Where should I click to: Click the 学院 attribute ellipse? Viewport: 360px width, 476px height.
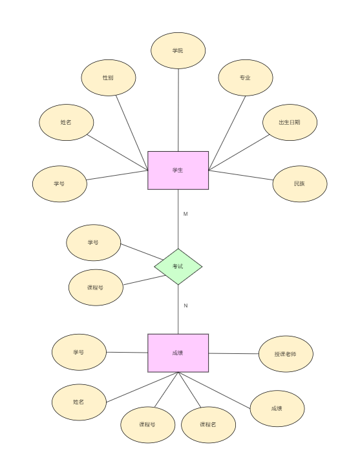click(178, 50)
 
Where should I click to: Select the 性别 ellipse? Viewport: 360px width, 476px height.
click(109, 78)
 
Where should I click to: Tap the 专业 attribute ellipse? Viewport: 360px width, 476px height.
click(246, 78)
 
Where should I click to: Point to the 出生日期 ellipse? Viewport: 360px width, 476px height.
click(290, 122)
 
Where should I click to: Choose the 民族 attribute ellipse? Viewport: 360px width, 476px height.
click(300, 183)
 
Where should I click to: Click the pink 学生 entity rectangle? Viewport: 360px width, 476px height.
click(178, 171)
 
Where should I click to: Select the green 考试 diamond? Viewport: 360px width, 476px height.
click(178, 266)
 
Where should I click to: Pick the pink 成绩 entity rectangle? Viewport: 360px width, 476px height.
click(178, 353)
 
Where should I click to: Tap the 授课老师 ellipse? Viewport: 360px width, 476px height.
click(286, 354)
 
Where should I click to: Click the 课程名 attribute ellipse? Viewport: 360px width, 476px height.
click(208, 424)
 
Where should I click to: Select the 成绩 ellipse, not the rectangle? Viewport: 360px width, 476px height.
click(277, 408)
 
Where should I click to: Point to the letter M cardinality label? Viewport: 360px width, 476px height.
click(185, 214)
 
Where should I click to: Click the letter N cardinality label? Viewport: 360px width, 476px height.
click(185, 305)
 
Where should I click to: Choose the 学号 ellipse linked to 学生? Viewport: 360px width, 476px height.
click(59, 183)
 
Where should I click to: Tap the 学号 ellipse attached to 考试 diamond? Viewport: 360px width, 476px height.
click(94, 243)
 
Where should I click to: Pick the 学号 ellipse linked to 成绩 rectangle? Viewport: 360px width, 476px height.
click(79, 352)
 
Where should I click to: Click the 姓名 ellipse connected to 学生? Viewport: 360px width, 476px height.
click(67, 122)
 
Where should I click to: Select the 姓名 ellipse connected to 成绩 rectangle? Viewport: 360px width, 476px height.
click(79, 402)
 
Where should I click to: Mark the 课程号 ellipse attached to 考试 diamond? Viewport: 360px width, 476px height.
click(96, 287)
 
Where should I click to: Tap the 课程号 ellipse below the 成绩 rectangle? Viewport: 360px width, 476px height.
click(147, 424)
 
